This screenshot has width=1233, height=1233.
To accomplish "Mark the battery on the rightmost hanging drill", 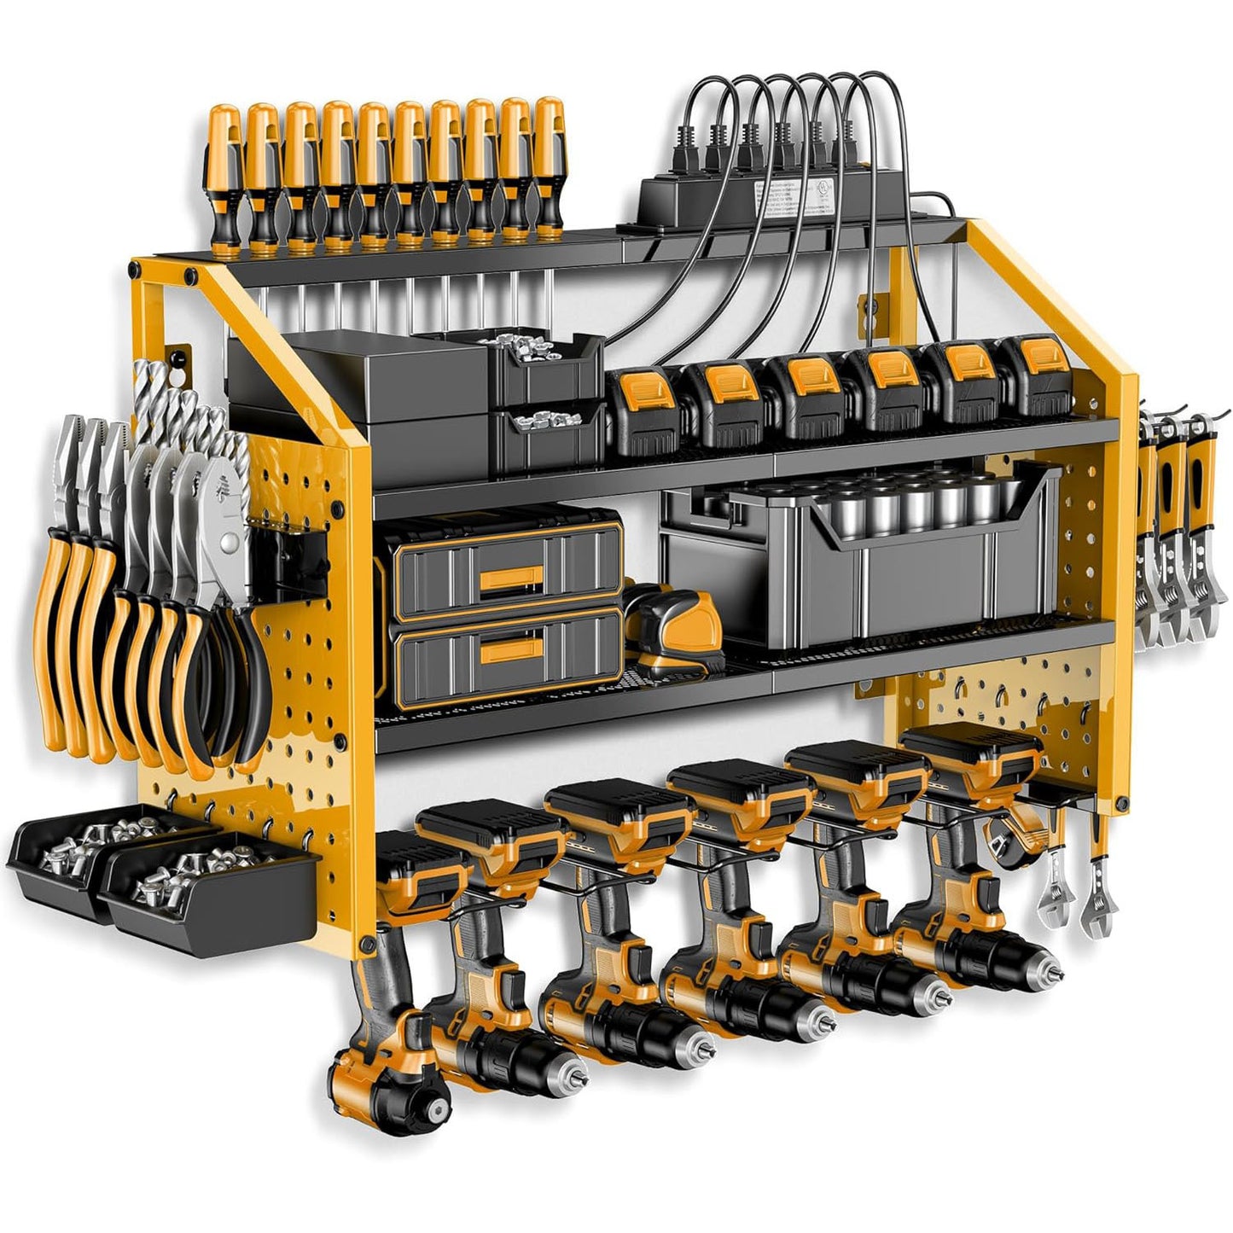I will (x=973, y=751).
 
